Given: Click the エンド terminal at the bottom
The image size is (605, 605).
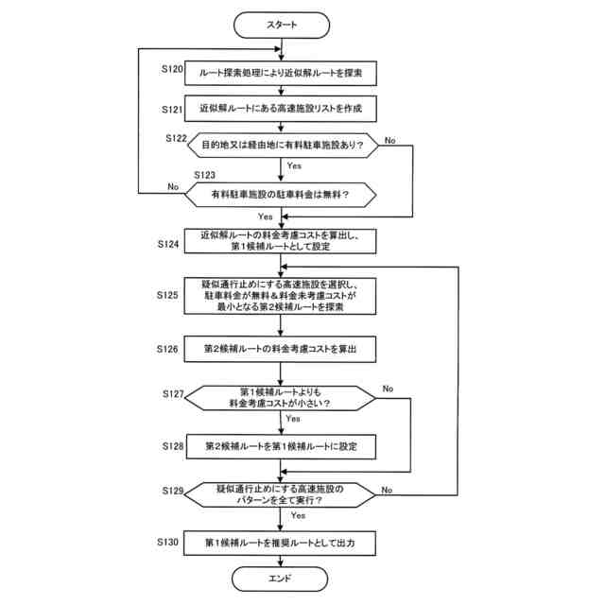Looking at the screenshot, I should (x=283, y=577).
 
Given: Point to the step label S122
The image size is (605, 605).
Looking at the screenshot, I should (x=176, y=139).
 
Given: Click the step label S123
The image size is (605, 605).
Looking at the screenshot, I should (x=204, y=175).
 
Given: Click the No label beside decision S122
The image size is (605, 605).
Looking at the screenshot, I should (x=390, y=140).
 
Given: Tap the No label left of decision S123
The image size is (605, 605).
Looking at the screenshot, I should (x=173, y=186).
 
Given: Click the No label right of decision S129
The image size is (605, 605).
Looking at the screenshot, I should (x=387, y=490).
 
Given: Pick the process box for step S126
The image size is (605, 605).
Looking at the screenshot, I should (x=283, y=349).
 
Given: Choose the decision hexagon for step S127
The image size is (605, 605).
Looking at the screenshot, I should (x=283, y=397).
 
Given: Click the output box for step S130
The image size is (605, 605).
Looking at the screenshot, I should (x=283, y=544).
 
